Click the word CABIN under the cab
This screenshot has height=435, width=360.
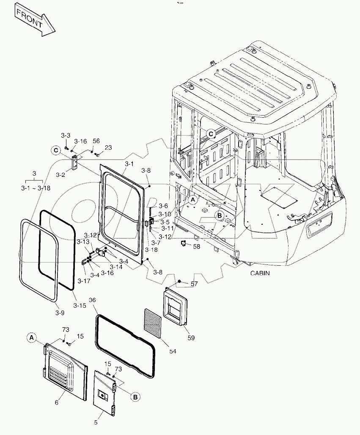(x=259, y=273)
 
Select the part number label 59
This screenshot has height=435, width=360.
(x=191, y=338)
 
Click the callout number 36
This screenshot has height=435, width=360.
(x=92, y=300)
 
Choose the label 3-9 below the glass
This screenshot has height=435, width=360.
(x=60, y=313)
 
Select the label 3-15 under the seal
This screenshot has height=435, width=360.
(x=80, y=306)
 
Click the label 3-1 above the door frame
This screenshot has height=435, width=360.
(x=129, y=163)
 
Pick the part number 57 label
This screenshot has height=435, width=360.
(x=194, y=284)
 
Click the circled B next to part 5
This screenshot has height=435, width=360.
(x=135, y=397)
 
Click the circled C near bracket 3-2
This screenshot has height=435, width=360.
(x=55, y=150)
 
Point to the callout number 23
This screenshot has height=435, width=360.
(x=108, y=147)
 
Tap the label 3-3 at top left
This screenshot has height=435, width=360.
(x=65, y=135)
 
